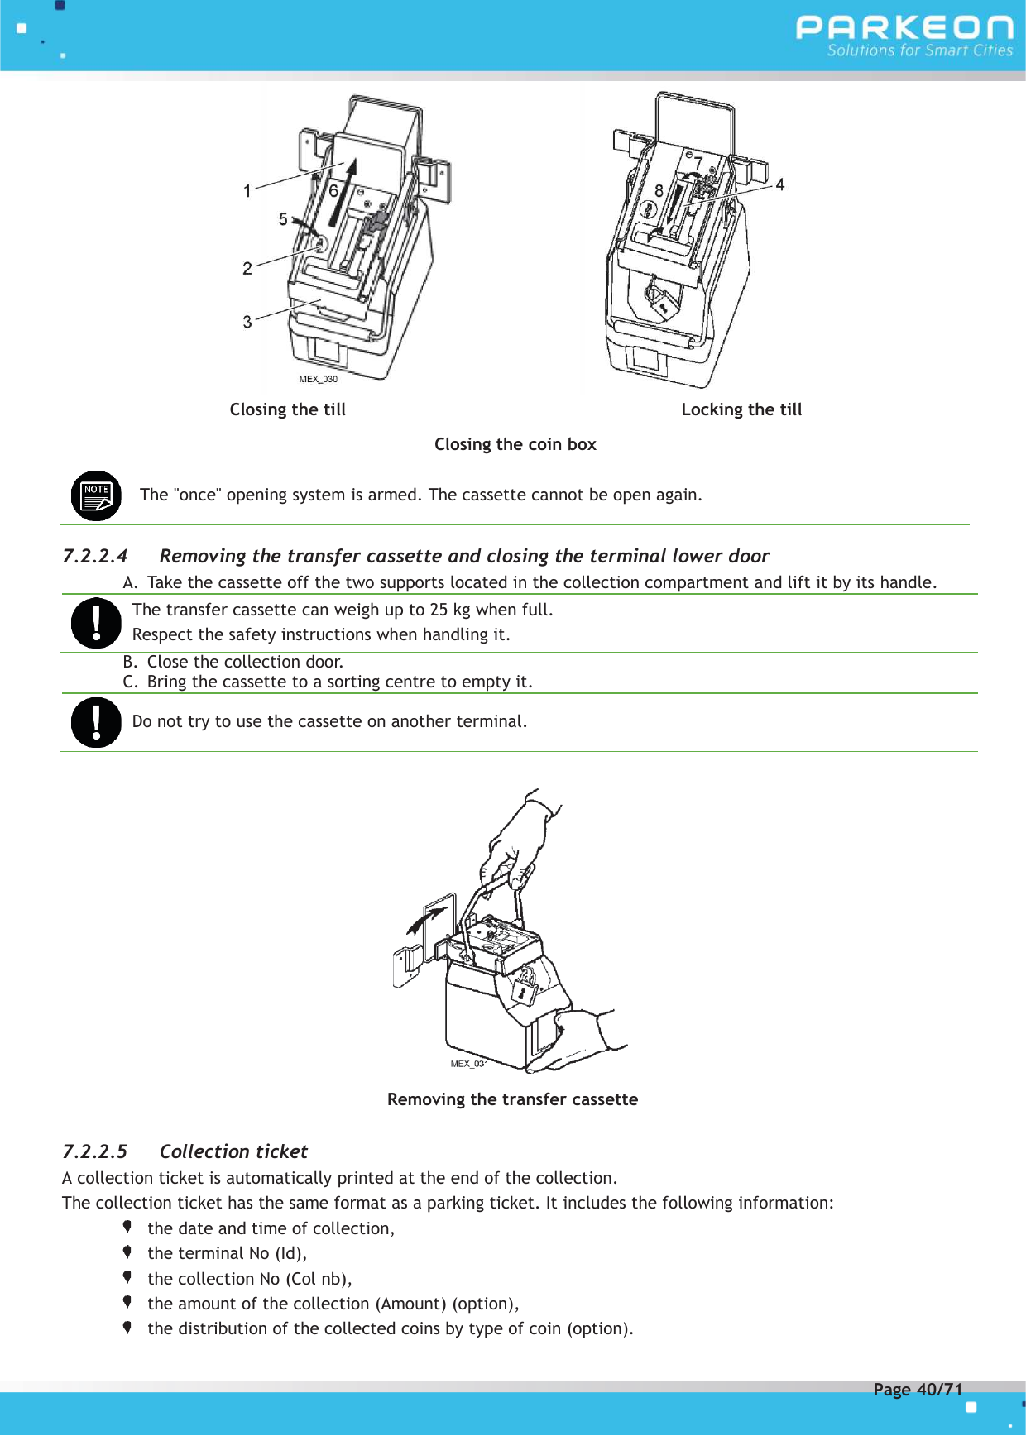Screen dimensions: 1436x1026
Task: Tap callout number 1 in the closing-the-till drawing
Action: [x=247, y=191]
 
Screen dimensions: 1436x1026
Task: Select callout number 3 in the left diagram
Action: [x=247, y=322]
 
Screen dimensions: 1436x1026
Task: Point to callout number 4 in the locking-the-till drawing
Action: [x=779, y=184]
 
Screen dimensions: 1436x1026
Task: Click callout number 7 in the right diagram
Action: [x=698, y=163]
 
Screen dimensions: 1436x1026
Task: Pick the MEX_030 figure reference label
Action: [x=318, y=379]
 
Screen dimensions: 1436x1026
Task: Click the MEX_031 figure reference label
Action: [x=469, y=1064]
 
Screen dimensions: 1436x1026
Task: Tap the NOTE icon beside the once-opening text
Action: [x=96, y=495]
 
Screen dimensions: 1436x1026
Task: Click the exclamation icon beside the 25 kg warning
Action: [x=96, y=623]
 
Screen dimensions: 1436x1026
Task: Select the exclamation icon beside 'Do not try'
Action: [x=96, y=722]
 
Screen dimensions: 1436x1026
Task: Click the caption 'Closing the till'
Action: [x=287, y=409]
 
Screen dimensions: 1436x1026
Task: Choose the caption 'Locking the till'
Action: [x=741, y=409]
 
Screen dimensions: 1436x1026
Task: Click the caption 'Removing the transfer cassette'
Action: [x=512, y=1099]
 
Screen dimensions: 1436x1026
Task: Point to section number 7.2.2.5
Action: [x=95, y=1151]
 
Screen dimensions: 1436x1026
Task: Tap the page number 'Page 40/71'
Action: [x=918, y=1390]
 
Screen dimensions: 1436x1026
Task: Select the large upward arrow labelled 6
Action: [x=343, y=192]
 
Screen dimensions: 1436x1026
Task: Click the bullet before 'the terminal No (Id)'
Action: [x=127, y=1252]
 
